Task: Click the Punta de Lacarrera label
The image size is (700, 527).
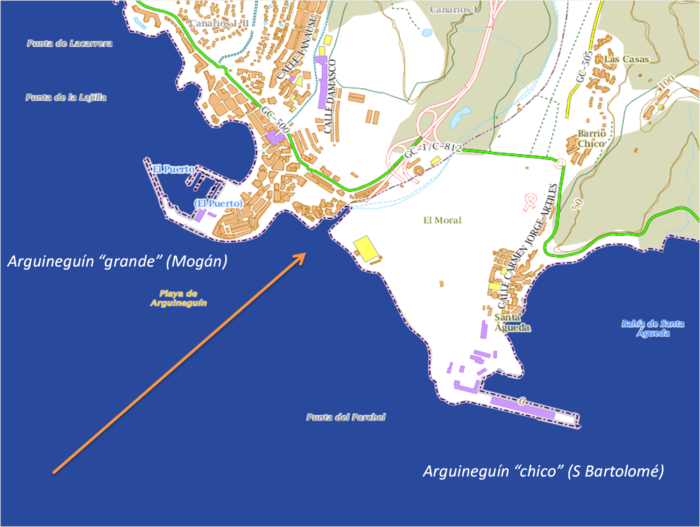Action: [70, 43]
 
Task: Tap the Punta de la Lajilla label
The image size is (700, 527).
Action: [66, 97]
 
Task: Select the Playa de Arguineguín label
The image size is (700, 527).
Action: [178, 298]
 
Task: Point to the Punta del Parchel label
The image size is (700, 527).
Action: [346, 417]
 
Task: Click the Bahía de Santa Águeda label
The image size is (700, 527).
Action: [653, 328]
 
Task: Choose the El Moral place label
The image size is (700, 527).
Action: [442, 220]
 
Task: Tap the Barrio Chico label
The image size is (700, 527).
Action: [591, 138]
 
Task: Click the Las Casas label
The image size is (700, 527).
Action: [626, 59]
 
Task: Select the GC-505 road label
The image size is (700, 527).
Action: [584, 66]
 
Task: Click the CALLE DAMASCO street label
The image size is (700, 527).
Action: [330, 96]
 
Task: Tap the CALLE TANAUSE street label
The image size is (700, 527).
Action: [297, 48]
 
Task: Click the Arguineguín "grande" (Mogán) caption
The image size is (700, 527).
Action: [117, 261]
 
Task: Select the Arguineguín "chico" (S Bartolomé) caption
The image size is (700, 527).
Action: [543, 471]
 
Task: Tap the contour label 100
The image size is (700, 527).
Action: [666, 81]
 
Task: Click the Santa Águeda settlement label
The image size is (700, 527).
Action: [512, 323]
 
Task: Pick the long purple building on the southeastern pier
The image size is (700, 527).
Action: [522, 407]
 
